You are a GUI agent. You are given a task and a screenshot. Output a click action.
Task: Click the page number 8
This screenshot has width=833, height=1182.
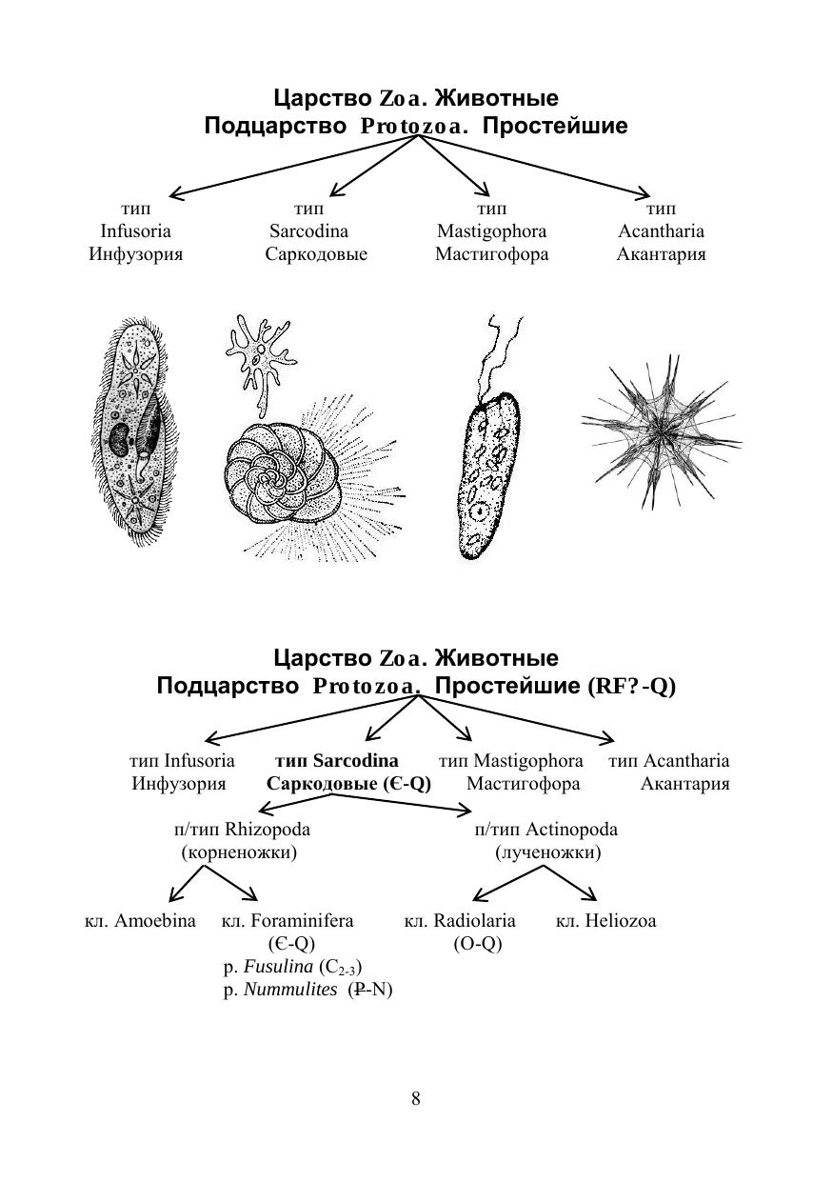tap(416, 1099)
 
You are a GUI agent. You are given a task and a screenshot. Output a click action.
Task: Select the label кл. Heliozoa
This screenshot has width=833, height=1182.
tap(605, 921)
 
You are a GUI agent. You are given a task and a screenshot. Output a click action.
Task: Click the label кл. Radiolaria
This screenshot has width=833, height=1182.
tap(460, 921)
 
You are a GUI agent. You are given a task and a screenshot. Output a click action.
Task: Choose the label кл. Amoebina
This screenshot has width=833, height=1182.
tap(140, 921)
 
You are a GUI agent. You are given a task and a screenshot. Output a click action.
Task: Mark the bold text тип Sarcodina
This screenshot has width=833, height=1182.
tap(337, 761)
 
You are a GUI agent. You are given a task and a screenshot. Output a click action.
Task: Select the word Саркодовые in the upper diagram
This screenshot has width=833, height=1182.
tap(316, 254)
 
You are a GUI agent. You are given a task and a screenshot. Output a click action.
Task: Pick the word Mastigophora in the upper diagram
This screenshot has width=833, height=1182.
tap(491, 231)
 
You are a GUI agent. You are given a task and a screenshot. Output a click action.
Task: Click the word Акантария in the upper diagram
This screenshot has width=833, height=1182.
tap(661, 254)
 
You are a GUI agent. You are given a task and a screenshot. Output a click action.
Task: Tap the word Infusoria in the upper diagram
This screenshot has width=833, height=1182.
tap(136, 231)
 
